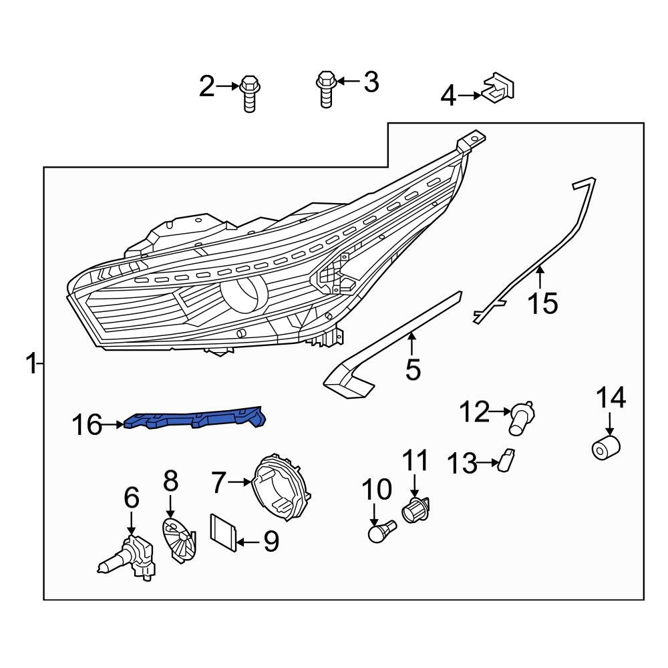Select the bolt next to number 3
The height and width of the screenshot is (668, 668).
pyautogui.click(x=325, y=87)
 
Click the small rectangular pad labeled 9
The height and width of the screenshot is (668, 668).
pyautogui.click(x=223, y=532)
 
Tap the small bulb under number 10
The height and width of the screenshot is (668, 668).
pyautogui.click(x=381, y=532)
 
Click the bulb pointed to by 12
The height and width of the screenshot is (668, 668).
pyautogui.click(x=522, y=417)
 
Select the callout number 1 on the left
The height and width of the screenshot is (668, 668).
pyautogui.click(x=31, y=364)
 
